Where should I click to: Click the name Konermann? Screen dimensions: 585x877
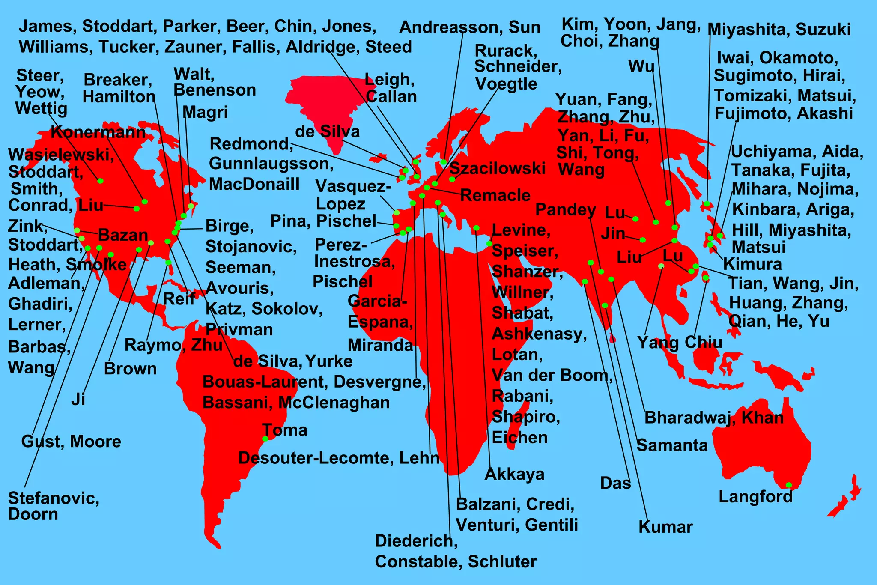click(98, 132)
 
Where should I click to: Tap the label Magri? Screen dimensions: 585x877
click(205, 112)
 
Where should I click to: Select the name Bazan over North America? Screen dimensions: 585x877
click(123, 235)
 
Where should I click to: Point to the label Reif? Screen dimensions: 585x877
click(179, 298)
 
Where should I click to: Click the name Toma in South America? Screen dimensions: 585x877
click(285, 430)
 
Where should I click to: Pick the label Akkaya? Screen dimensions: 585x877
click(514, 474)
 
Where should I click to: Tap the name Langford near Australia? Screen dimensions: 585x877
click(755, 497)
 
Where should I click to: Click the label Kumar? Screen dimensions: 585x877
click(665, 527)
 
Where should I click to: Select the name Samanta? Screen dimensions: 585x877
click(672, 445)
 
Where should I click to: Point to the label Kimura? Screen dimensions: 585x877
click(752, 264)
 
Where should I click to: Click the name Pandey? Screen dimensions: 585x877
click(566, 210)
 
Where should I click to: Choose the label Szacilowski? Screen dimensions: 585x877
click(497, 168)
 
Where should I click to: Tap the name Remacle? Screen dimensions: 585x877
click(495, 195)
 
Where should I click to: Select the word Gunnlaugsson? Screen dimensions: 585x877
click(271, 164)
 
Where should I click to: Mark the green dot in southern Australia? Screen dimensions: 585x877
click(789, 485)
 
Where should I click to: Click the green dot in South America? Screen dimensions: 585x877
click(265, 439)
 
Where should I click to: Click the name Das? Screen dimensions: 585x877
click(615, 483)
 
